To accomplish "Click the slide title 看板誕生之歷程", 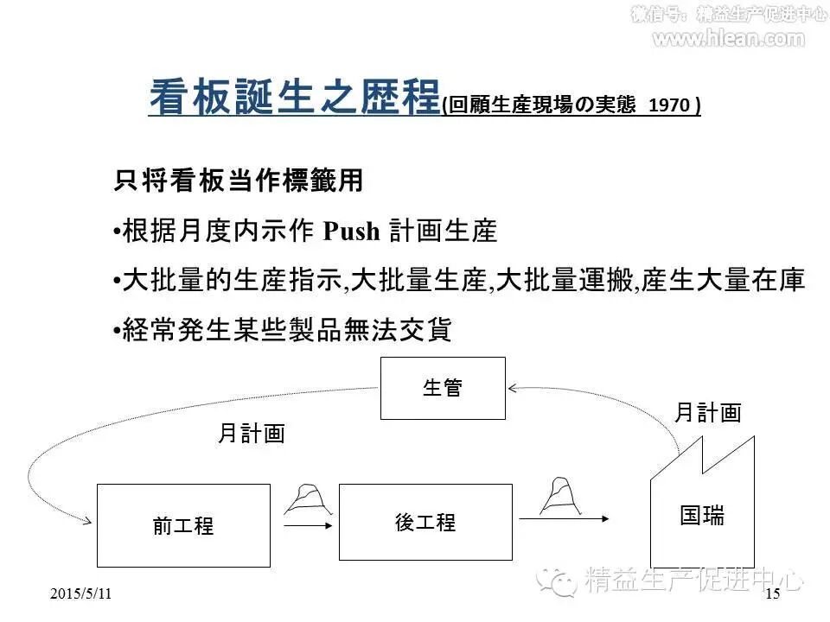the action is click(294, 97).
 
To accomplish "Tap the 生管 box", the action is click(443, 389).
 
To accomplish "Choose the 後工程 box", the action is click(425, 522).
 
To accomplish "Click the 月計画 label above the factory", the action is click(707, 413).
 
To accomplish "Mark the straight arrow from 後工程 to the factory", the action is click(565, 519).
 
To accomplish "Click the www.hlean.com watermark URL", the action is click(728, 38).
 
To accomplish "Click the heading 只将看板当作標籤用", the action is click(239, 181).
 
